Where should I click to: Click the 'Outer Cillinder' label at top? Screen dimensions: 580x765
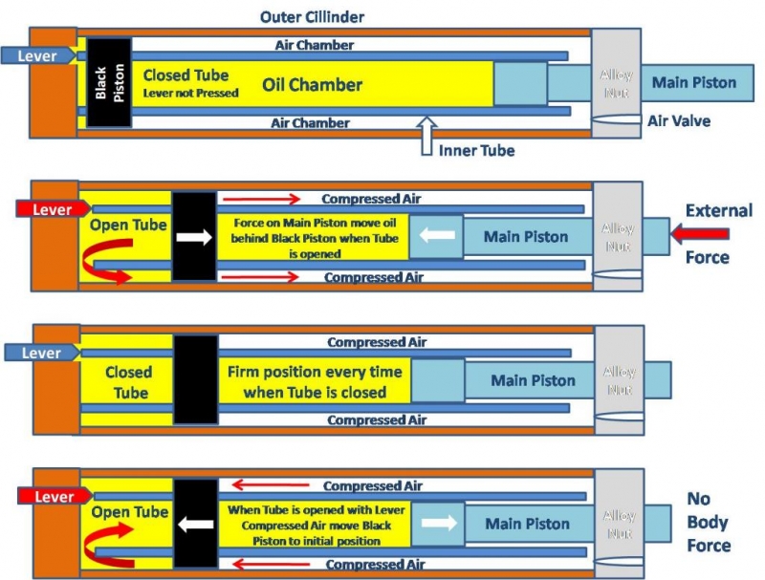click(x=312, y=16)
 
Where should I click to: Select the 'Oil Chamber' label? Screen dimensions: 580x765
click(x=313, y=85)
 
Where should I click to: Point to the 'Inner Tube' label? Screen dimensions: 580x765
click(x=476, y=151)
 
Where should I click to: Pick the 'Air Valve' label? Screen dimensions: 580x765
click(x=678, y=121)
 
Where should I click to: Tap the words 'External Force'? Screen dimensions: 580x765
click(x=718, y=233)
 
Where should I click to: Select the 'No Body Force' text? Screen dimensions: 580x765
click(x=709, y=523)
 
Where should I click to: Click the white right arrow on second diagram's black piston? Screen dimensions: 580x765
click(x=194, y=236)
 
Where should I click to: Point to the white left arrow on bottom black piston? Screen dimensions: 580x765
click(x=196, y=525)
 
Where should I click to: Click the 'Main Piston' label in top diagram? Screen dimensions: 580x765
click(x=694, y=82)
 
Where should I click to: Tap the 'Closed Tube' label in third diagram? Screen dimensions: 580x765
click(x=128, y=382)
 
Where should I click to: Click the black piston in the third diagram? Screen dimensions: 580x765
click(x=195, y=379)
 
